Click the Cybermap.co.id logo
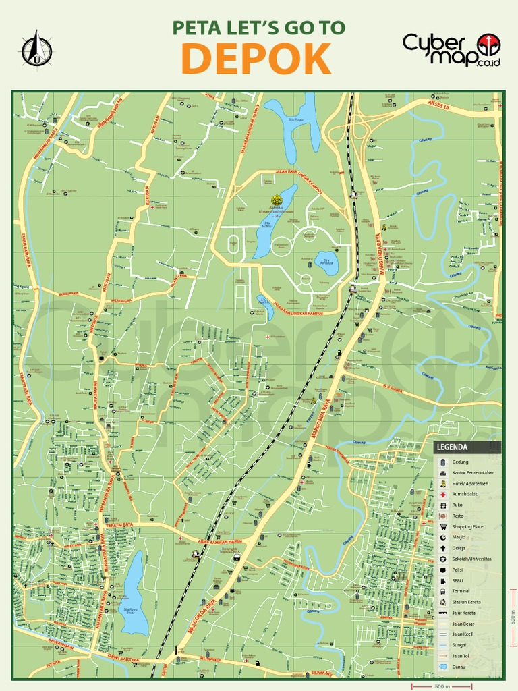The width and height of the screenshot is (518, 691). tap(451, 49)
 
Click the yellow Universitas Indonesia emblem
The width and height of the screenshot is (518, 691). tap(275, 200)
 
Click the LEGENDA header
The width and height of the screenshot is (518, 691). tap(452, 447)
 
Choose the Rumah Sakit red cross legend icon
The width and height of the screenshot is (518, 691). tap(442, 495)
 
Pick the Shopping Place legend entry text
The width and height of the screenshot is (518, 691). tap(467, 526)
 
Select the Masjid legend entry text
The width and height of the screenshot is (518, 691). tap(459, 537)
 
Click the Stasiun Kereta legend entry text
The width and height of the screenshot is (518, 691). tap(466, 602)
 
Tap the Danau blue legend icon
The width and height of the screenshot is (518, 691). tap(442, 667)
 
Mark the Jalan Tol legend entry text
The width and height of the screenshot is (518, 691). tap(461, 656)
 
